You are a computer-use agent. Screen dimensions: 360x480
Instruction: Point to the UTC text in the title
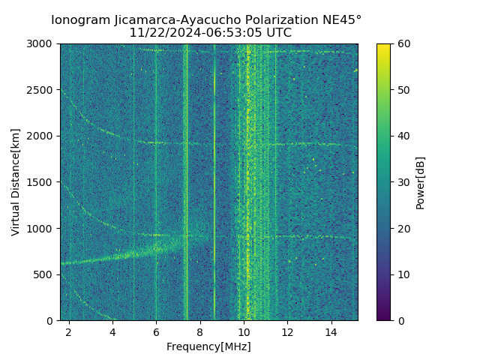(277, 33)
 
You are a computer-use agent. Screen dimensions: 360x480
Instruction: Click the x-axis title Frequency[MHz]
(208, 346)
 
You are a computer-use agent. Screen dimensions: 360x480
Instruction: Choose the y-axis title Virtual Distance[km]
(16, 182)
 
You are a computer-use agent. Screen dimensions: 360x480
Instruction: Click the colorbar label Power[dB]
(420, 182)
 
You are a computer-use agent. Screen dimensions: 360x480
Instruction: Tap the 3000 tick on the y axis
(42, 44)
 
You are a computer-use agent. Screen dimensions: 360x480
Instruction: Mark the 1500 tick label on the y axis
(42, 182)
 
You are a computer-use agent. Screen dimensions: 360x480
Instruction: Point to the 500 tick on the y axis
(45, 274)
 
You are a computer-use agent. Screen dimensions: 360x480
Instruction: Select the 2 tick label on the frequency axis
(69, 332)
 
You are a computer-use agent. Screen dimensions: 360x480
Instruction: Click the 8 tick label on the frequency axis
(200, 332)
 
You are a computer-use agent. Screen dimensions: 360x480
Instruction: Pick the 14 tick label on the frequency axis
(331, 332)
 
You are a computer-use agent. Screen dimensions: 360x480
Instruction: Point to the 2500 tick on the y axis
(42, 90)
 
